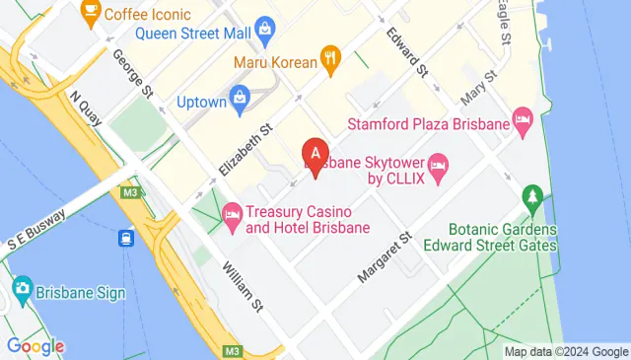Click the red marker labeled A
pyautogui.click(x=315, y=155)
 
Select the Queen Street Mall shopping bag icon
pyautogui.click(x=263, y=30)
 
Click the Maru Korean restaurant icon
pyautogui.click(x=330, y=61)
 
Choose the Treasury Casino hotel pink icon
pyautogui.click(x=233, y=212)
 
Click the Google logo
pyautogui.click(x=35, y=345)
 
